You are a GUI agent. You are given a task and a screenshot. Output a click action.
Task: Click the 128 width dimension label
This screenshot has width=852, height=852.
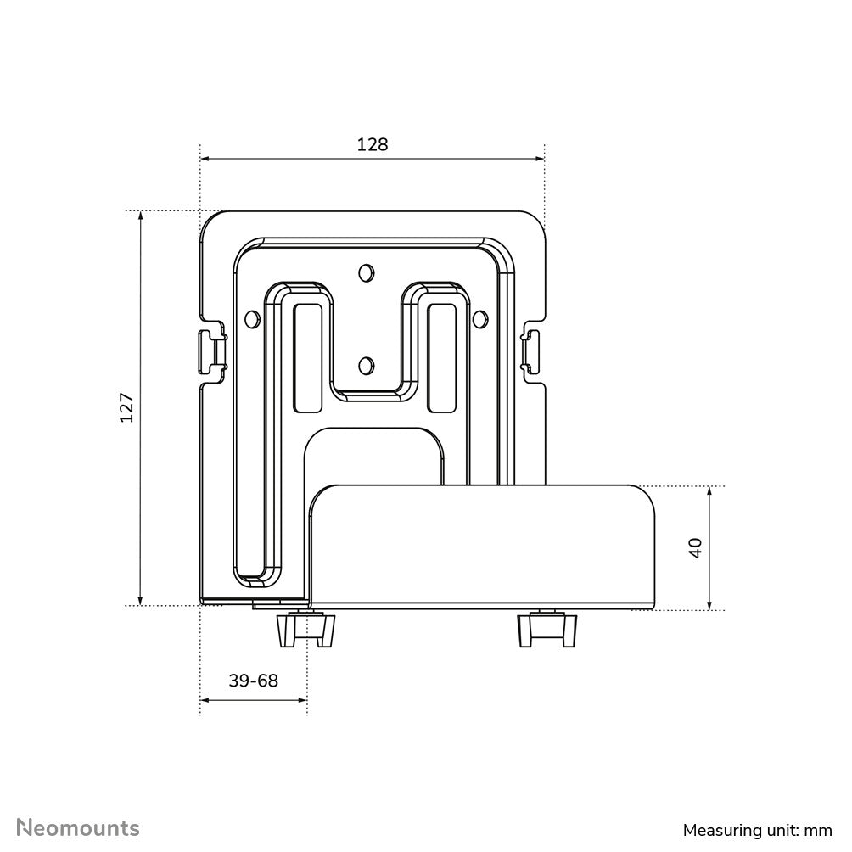coord(372,144)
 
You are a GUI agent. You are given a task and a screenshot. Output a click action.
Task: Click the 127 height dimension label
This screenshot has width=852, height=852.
coord(126,407)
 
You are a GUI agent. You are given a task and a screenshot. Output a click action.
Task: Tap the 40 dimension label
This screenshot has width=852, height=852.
coord(696,547)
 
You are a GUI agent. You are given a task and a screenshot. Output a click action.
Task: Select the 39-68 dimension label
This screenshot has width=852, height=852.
coord(253,681)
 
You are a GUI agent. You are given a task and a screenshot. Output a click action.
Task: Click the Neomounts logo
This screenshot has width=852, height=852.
coord(79,827)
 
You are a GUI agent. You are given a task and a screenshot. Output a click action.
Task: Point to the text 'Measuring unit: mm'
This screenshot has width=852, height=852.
coord(758,829)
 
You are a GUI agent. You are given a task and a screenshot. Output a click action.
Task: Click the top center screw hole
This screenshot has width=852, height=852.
coord(366,272)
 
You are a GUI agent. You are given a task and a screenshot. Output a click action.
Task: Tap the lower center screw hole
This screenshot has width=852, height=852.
coord(366,366)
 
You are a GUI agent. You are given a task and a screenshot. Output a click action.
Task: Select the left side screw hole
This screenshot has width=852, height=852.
coord(252,319)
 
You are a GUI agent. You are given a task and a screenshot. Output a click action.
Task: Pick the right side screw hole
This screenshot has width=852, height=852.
coord(479,319)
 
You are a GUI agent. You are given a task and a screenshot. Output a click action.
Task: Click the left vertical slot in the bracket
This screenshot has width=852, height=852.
coord(306,356)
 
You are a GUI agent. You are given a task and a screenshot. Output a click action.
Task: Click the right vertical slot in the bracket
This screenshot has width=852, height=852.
coord(442,356)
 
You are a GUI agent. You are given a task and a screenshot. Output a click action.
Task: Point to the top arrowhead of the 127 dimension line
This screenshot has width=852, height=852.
coord(141,216)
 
